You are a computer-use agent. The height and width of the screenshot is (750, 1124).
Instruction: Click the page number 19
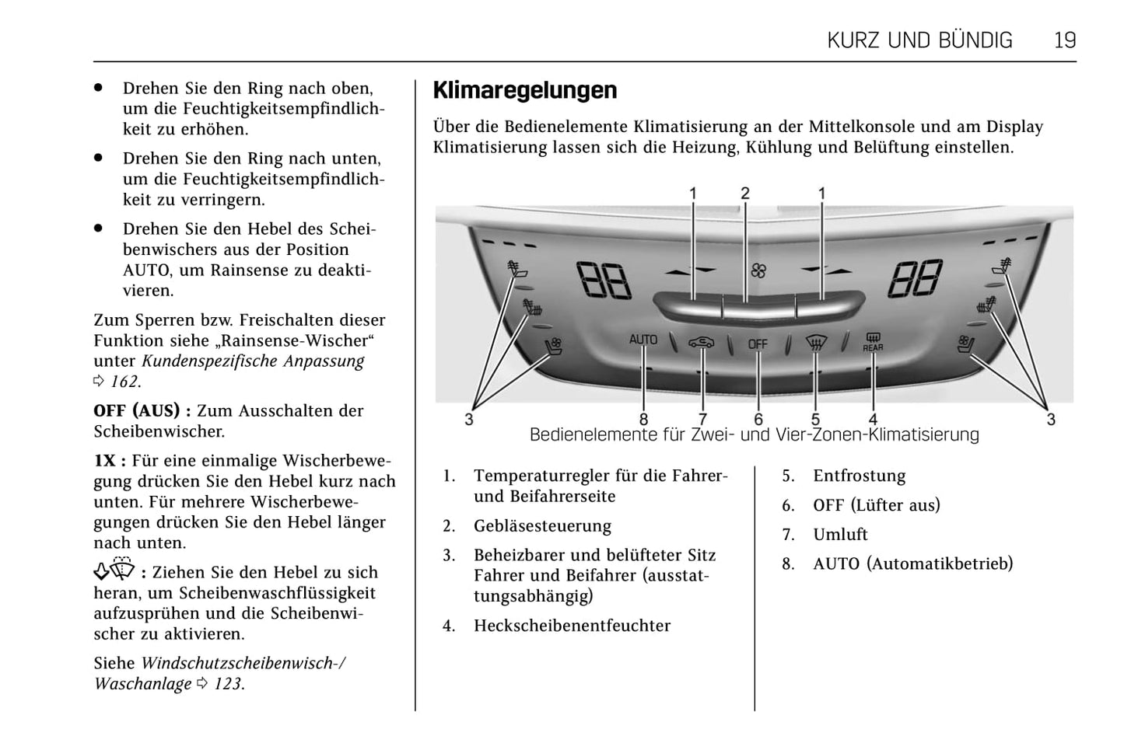(x=1064, y=40)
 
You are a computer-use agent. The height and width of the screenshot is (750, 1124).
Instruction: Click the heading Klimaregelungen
(x=524, y=90)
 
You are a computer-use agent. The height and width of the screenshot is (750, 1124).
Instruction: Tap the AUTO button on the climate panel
(x=643, y=340)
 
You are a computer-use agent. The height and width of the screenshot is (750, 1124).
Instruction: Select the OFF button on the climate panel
(x=758, y=344)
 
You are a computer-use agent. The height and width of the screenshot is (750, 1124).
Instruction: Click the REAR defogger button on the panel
(x=873, y=342)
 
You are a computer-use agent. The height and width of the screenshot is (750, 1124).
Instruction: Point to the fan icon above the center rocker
(x=758, y=270)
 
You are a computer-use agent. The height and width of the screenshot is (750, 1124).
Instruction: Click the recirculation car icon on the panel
(x=701, y=343)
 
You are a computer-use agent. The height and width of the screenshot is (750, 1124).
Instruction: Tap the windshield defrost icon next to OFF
(x=815, y=343)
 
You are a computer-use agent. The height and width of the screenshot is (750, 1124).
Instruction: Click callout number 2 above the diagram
(x=745, y=194)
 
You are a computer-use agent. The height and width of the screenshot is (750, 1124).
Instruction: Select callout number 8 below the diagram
(x=643, y=419)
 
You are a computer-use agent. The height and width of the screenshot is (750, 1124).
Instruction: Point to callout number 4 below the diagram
(x=873, y=419)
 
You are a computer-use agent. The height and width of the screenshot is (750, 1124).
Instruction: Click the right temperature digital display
(x=916, y=278)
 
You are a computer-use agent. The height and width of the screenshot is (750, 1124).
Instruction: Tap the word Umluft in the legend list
(x=840, y=535)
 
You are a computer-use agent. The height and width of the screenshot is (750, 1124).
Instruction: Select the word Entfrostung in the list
(x=859, y=476)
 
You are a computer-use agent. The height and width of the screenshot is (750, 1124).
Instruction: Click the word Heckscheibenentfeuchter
(x=572, y=626)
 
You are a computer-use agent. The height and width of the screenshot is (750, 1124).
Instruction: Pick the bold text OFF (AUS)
(x=137, y=411)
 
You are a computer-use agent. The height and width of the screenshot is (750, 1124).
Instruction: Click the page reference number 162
(x=124, y=382)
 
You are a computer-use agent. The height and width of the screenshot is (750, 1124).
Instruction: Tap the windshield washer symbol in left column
(x=114, y=570)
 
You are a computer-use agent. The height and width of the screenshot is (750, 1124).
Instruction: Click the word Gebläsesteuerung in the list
(x=542, y=526)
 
